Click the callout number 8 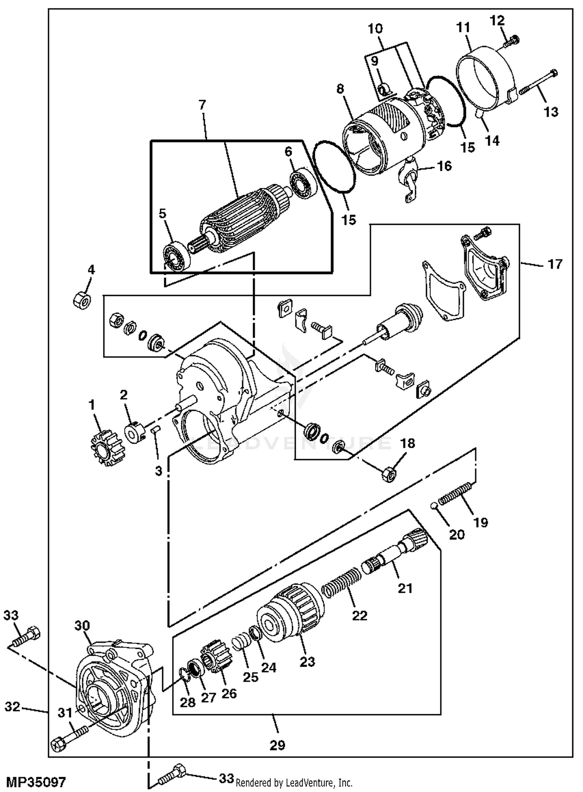click(340, 89)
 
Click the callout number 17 click(555, 264)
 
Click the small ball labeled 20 click(434, 505)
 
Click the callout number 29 click(277, 745)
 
